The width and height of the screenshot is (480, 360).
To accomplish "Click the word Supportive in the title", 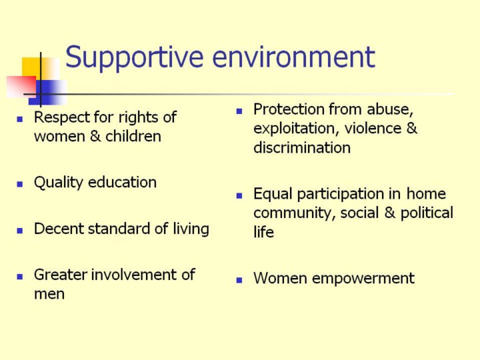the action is (135, 57).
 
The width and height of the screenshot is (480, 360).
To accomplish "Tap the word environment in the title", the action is (293, 57).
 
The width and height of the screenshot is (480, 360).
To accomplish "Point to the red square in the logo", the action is (21, 87).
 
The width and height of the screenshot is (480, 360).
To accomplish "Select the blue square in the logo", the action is (47, 93).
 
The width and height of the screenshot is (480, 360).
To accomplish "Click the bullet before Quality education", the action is (20, 184).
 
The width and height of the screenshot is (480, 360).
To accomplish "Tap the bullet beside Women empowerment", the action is (239, 280).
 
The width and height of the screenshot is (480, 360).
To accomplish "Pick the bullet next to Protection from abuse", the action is (239, 111).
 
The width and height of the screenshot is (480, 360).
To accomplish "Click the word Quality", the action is (59, 183).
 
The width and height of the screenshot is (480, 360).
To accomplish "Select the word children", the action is (133, 136).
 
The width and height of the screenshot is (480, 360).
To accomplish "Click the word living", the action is (191, 229).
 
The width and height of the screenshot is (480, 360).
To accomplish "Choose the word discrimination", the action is (302, 147).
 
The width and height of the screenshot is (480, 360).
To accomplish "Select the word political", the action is (427, 213).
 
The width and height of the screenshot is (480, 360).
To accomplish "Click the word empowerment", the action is (363, 279).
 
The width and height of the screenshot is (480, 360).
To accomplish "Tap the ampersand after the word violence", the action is (411, 128).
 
